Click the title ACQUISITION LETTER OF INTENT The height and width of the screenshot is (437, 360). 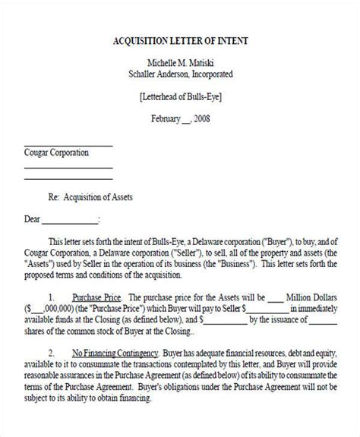[180, 40]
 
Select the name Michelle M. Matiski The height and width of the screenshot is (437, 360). [180, 61]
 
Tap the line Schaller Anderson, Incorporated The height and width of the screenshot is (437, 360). [180, 74]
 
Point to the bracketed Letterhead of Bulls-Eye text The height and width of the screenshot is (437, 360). [180, 97]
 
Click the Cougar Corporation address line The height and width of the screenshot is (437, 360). [57, 152]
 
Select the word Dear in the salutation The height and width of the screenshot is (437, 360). [31, 222]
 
